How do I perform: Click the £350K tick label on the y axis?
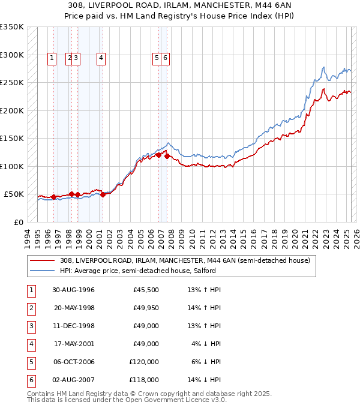point(12,27)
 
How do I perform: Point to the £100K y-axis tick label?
point(12,166)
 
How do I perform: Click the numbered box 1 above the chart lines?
point(52,58)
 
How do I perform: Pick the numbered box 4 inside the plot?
point(101,58)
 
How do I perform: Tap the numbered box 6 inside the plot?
point(165,58)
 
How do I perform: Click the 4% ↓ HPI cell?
point(206,344)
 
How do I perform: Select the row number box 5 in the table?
point(30,362)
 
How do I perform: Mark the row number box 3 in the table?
point(30,326)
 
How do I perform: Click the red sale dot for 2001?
point(103,194)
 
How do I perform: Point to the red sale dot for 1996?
point(53,196)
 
